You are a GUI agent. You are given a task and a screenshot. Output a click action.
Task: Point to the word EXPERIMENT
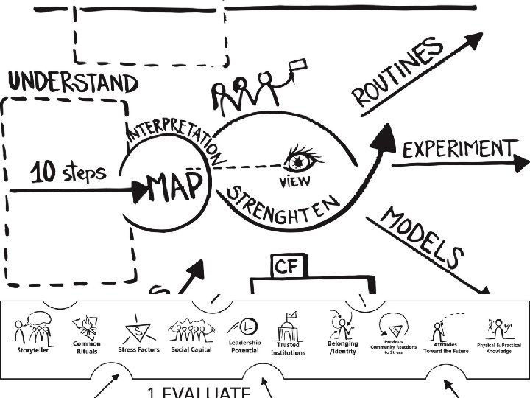pos(457,150)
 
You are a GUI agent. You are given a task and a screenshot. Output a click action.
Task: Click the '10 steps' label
pos(67,173)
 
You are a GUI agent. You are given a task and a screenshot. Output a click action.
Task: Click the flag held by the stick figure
pos(298,66)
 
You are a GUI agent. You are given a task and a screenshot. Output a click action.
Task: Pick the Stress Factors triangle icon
pos(138,327)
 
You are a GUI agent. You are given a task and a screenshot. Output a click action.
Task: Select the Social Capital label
pos(191,349)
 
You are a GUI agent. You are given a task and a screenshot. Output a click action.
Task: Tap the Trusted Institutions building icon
pos(288,325)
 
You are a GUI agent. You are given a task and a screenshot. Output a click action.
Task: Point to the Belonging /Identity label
pos(342,347)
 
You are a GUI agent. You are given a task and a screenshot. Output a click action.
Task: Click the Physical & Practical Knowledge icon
pos(498,326)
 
